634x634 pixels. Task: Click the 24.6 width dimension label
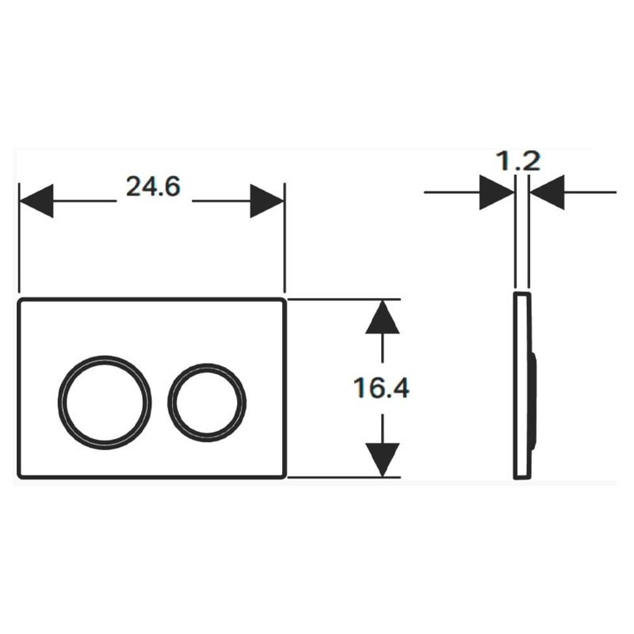(x=153, y=187)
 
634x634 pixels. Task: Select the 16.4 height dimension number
(x=381, y=388)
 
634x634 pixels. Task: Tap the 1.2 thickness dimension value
(x=518, y=161)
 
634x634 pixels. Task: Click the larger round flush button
(x=105, y=403)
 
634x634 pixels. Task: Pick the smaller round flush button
(x=207, y=403)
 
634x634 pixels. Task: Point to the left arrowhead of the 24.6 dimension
(x=36, y=201)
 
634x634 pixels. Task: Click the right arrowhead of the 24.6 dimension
(x=267, y=201)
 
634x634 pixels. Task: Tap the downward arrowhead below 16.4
(x=383, y=460)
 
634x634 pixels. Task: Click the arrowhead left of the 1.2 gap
(x=497, y=193)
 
